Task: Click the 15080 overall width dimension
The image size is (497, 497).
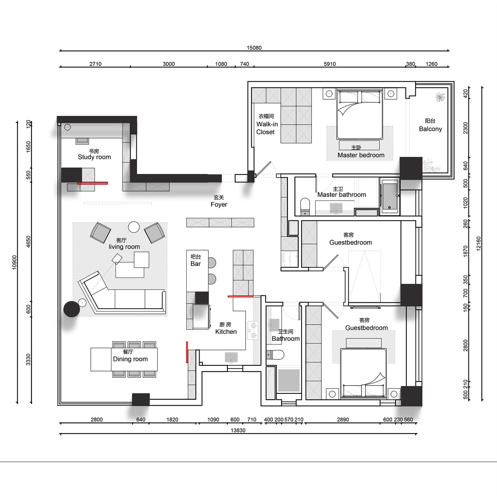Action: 254,48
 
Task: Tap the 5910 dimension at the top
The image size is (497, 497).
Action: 330,64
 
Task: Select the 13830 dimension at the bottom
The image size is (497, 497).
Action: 238,430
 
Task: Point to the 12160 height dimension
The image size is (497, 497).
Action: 479,244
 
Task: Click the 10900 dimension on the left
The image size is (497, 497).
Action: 14,262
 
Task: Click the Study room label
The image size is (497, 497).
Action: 94,157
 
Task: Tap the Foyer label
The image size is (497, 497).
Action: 219,205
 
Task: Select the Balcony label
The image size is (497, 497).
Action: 430,129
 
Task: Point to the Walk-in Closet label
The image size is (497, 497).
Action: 267,128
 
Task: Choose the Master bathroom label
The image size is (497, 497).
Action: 341,195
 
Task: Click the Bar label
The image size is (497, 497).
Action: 195,263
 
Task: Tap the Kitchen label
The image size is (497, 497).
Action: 226,332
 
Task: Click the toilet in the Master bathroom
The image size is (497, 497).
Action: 305,207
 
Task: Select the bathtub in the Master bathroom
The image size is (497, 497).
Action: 390,196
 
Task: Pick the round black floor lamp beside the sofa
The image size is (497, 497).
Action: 72,309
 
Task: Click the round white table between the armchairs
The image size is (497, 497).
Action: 134,227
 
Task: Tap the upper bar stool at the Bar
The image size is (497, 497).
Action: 212,263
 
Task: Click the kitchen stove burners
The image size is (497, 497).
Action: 253,331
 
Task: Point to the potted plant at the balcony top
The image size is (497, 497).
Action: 440,97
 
